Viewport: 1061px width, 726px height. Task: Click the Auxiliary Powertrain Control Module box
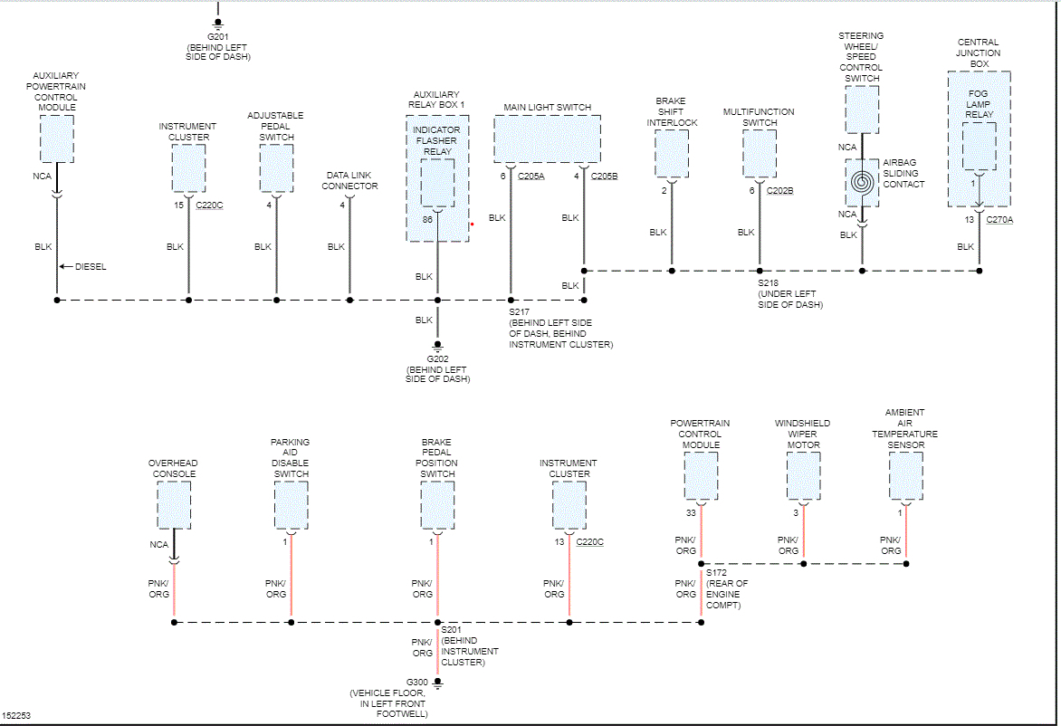tap(57, 139)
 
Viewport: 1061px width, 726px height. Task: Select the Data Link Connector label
tap(349, 180)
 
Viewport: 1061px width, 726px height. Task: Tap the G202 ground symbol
tap(437, 345)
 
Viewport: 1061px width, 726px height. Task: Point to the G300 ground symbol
tap(437, 683)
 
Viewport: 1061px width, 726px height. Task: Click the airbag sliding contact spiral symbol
tap(862, 183)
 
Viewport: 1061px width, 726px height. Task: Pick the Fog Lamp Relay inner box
tap(979, 146)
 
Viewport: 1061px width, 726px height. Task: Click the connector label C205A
tap(531, 177)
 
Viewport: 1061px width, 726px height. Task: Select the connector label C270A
tap(999, 219)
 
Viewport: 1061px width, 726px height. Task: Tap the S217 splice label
tap(519, 312)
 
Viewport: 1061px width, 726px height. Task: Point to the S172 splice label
tap(715, 573)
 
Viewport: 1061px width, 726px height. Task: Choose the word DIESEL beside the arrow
tap(90, 267)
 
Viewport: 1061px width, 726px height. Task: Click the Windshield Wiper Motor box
tap(803, 476)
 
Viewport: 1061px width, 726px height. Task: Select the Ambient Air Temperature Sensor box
tap(906, 476)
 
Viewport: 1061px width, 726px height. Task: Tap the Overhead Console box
tap(174, 505)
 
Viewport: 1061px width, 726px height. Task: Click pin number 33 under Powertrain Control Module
tap(692, 513)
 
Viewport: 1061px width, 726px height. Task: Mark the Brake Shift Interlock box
tap(672, 154)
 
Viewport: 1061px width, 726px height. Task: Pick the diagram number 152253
tap(17, 715)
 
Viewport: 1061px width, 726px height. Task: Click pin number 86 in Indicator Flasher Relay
tap(427, 220)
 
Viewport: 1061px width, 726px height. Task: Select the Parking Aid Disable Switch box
tap(292, 505)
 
